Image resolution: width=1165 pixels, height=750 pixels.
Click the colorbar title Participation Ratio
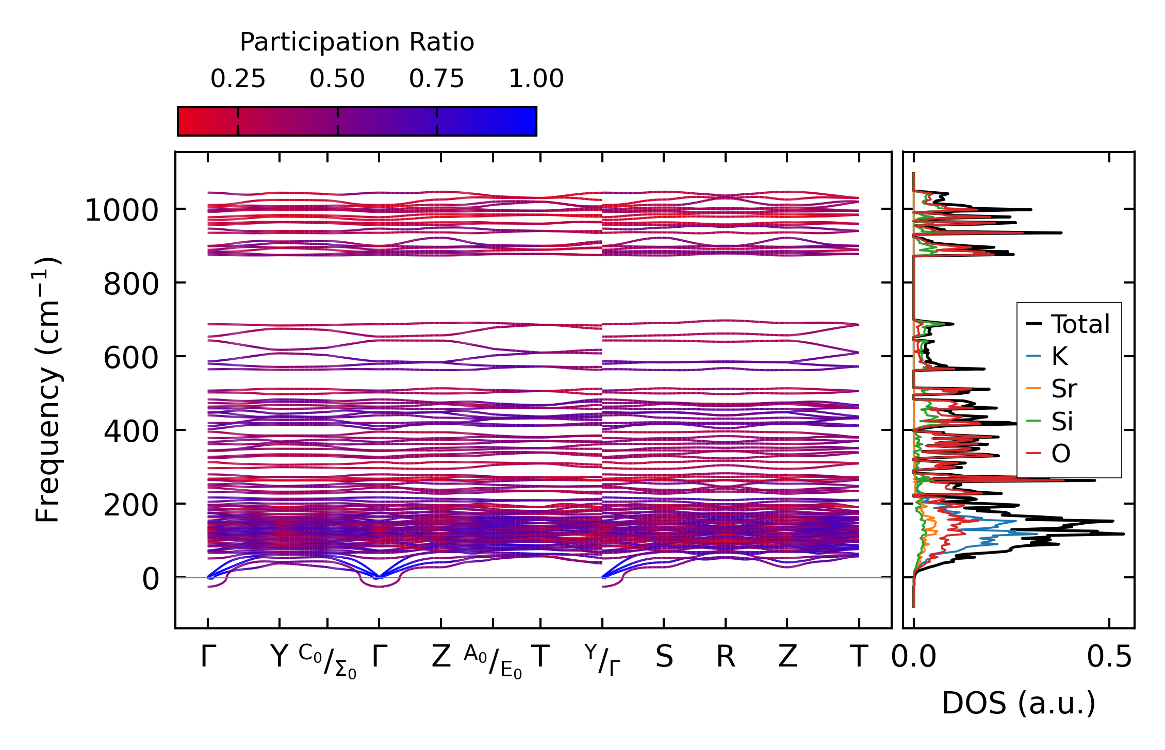tap(356, 42)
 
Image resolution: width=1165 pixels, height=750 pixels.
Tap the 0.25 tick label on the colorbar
tap(238, 79)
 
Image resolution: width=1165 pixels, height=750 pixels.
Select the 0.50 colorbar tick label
tap(337, 79)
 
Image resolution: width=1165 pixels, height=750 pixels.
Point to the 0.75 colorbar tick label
tap(437, 79)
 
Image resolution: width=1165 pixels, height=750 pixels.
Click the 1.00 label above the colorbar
tap(536, 79)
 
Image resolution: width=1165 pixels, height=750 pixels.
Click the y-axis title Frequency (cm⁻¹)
tap(47, 390)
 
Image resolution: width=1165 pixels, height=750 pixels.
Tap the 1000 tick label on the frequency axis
tap(122, 211)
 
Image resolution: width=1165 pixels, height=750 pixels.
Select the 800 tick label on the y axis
tap(131, 284)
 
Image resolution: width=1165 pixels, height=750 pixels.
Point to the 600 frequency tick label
tap(131, 358)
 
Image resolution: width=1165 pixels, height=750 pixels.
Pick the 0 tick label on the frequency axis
tap(151, 579)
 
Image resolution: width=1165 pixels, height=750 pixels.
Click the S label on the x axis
tap(664, 657)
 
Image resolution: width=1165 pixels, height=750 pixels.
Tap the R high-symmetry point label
tap(726, 657)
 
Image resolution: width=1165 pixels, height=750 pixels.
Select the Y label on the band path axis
tap(279, 657)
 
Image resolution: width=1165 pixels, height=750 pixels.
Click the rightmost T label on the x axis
tap(859, 657)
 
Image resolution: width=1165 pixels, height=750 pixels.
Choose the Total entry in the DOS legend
tap(1080, 324)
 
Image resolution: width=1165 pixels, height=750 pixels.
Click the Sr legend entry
tap(1064, 389)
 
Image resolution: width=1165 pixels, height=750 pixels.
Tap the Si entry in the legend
tap(1062, 421)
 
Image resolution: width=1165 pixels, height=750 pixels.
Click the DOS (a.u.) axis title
tap(1019, 703)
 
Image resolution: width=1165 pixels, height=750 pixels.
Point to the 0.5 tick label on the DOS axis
tap(1109, 657)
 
